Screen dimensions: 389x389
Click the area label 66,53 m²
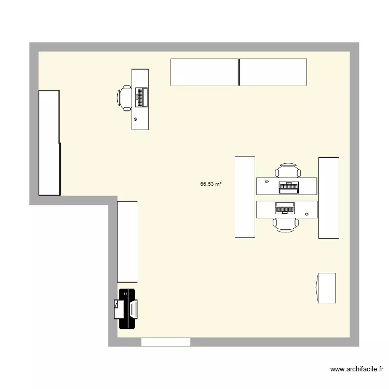(x=211, y=184)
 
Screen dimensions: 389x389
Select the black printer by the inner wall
(x=126, y=309)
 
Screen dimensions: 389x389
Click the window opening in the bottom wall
(x=165, y=342)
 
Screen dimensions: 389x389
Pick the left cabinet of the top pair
(x=204, y=72)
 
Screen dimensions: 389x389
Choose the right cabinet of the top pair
(x=273, y=72)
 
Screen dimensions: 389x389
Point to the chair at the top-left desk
(x=125, y=98)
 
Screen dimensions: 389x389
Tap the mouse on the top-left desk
(x=136, y=119)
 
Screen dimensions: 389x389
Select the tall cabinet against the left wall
(x=49, y=143)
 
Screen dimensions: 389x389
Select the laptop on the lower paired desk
(x=285, y=208)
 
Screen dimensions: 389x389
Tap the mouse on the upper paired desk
(x=267, y=182)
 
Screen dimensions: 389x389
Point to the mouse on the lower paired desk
(x=307, y=214)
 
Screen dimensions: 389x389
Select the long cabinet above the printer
(x=128, y=242)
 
